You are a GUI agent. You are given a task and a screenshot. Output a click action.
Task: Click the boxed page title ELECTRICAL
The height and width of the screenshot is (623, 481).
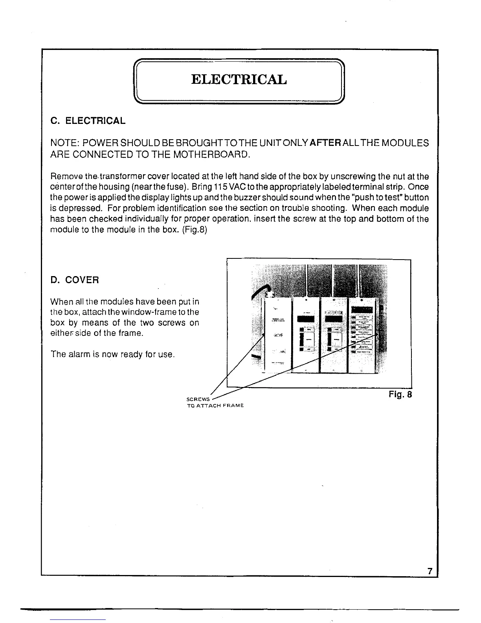tap(239, 79)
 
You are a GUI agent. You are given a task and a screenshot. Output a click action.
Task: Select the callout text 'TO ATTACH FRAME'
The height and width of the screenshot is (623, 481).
tap(215, 406)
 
